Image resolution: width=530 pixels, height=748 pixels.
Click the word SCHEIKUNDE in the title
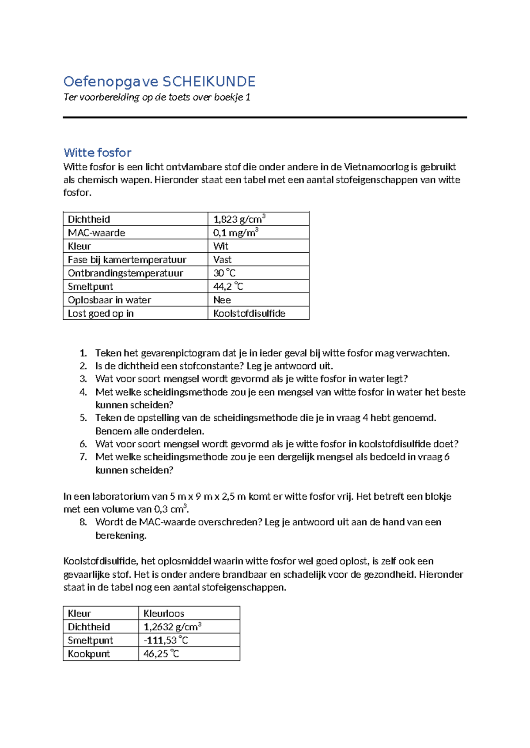209,82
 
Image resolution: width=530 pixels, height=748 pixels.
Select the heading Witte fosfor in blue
97,153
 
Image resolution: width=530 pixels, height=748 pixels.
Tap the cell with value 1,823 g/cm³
239,219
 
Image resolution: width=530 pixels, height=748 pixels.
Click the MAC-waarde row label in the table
96,233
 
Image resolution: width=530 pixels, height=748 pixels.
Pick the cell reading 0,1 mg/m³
235,233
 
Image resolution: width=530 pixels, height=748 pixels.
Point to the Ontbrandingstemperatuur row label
125,273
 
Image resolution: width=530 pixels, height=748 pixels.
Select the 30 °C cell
224,273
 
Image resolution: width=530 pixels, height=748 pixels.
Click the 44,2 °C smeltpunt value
228,287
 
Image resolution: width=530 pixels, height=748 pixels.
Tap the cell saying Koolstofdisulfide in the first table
249,314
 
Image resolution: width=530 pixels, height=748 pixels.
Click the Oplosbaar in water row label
109,300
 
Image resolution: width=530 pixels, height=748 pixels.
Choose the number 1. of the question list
83,353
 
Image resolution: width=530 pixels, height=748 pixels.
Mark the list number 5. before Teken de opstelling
83,418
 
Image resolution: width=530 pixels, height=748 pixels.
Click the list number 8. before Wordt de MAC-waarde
83,522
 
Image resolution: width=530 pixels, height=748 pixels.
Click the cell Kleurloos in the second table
163,613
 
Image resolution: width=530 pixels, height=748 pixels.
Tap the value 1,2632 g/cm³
172,627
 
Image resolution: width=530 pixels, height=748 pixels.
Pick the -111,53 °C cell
166,640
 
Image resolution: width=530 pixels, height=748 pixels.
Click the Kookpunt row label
88,654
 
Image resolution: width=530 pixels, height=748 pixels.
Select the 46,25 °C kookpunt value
161,654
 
